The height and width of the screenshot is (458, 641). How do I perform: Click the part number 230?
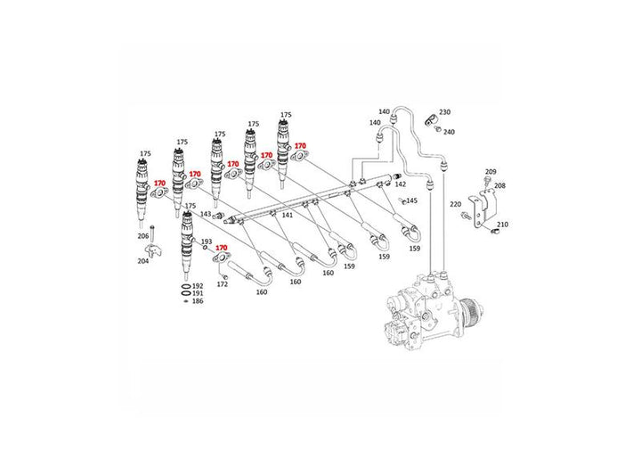tap(445, 112)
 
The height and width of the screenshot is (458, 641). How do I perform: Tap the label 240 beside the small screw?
tap(449, 132)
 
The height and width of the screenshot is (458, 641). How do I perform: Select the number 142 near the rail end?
tap(401, 184)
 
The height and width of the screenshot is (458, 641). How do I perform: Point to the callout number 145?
tap(411, 200)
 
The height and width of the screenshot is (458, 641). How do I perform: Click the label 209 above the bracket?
tap(491, 172)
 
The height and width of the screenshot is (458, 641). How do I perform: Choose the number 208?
tap(500, 186)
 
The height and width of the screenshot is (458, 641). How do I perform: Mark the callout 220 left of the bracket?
tap(456, 204)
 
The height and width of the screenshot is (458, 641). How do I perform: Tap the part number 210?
tap(502, 225)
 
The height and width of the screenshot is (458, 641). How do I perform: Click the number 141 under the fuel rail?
tap(288, 216)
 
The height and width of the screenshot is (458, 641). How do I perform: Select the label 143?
tap(206, 214)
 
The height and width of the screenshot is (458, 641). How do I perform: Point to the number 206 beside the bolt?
tap(143, 236)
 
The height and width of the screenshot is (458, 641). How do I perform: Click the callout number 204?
tap(143, 261)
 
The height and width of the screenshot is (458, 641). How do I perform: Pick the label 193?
tap(207, 241)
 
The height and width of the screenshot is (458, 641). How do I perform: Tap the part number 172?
tap(222, 284)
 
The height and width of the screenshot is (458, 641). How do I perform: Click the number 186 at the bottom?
tap(198, 301)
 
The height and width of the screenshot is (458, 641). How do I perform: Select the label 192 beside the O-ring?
tap(198, 286)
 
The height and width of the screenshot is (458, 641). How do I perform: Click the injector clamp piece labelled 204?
tap(154, 250)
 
